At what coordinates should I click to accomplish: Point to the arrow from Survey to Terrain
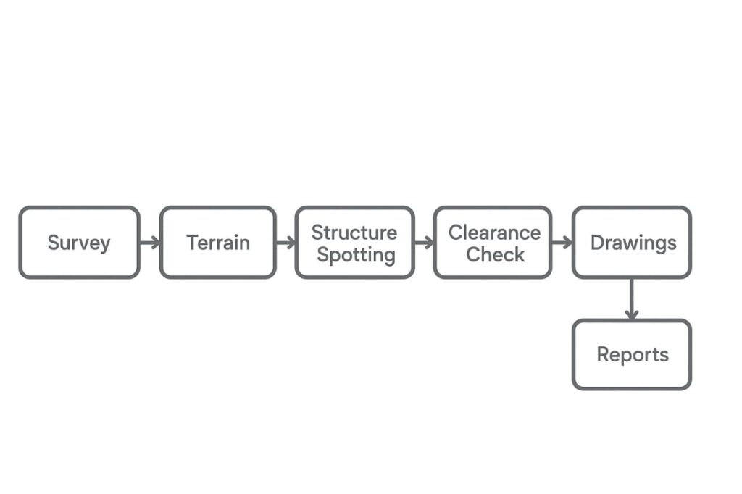(149, 243)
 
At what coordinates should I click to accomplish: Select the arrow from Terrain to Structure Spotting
(285, 243)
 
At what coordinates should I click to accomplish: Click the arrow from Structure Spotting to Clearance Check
(424, 243)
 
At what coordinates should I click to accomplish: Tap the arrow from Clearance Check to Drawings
(562, 243)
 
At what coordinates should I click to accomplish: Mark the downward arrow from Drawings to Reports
(632, 298)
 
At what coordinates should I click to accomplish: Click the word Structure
(354, 233)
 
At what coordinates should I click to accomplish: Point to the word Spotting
(356, 255)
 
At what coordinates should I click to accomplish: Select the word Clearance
(494, 233)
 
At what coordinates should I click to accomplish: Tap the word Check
(496, 254)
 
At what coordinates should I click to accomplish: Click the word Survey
(79, 243)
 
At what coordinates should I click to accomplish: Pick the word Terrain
(218, 243)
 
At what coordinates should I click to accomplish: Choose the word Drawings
(633, 243)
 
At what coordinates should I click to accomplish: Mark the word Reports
(633, 355)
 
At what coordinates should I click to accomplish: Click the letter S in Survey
(53, 243)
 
